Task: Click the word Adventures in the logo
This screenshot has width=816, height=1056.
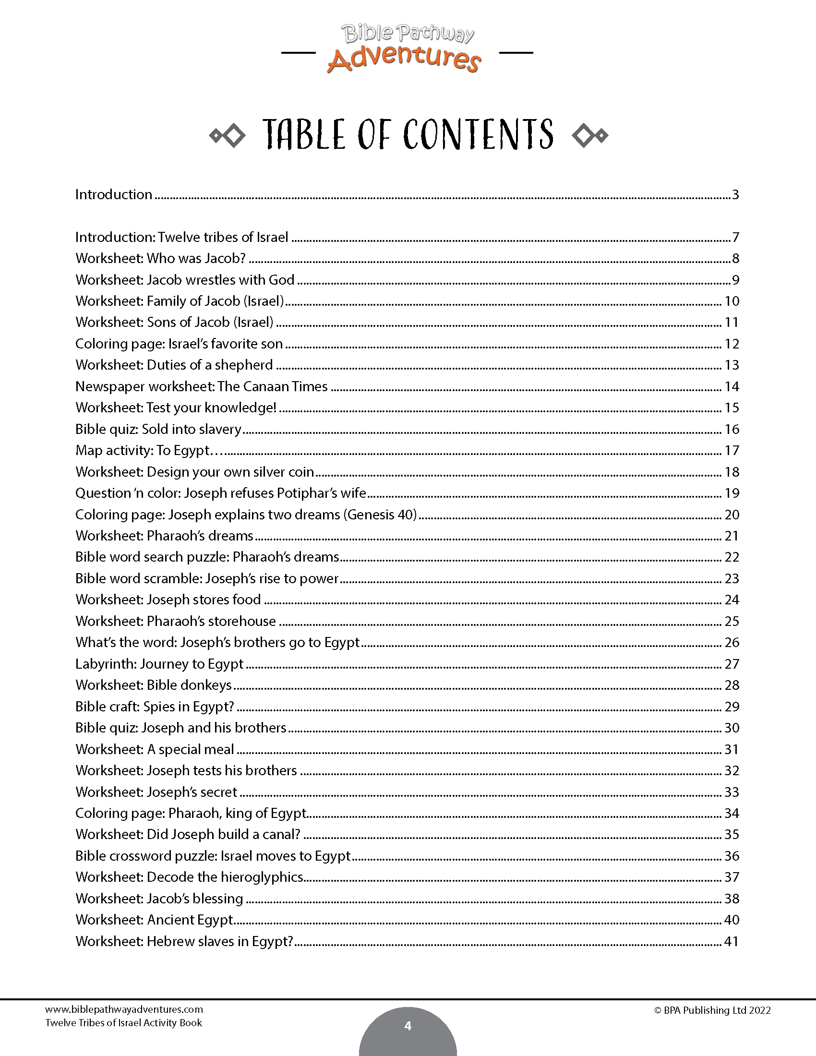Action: click(404, 59)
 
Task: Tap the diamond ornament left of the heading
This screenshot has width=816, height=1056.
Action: click(227, 136)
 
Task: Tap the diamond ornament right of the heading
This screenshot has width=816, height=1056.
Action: click(589, 136)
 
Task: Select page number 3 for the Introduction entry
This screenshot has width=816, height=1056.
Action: click(735, 194)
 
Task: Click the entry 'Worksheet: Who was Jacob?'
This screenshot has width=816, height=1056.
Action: click(160, 258)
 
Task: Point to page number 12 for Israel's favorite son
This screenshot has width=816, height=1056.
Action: click(732, 344)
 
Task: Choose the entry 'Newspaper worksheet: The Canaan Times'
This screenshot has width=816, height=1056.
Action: click(201, 386)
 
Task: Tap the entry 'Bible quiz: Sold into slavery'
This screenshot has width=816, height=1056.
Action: click(158, 429)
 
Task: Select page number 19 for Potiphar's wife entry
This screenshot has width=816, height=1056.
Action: click(732, 493)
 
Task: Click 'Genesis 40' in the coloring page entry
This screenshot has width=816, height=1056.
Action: click(380, 515)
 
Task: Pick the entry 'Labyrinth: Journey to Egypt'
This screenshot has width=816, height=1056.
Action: click(159, 664)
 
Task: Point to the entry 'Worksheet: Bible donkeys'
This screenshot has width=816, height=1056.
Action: click(153, 685)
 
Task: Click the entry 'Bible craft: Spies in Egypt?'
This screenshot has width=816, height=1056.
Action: click(154, 707)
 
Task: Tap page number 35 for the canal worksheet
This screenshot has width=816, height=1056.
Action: click(732, 835)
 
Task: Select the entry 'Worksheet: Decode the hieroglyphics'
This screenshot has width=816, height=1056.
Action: click(189, 877)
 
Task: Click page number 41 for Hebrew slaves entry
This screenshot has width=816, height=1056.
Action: click(732, 941)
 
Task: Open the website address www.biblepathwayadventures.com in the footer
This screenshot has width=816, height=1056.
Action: click(124, 1009)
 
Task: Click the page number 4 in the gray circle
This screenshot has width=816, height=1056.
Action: click(408, 1026)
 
